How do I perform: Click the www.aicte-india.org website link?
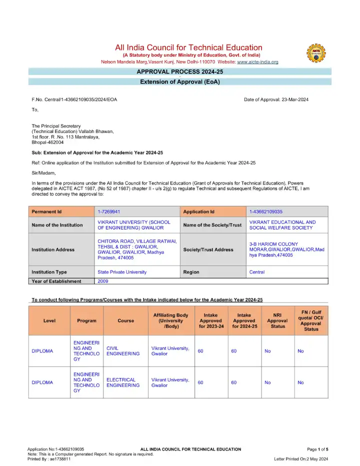pyautogui.click(x=257, y=62)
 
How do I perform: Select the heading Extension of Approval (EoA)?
pyautogui.click(x=179, y=82)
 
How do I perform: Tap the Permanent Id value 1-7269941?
pyautogui.click(x=108, y=212)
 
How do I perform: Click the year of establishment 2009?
pyautogui.click(x=103, y=281)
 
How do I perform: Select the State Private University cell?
pyautogui.click(x=122, y=272)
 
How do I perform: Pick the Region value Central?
pyautogui.click(x=256, y=272)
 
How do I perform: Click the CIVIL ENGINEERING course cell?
pyautogui.click(x=123, y=351)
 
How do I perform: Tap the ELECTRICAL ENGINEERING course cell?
pyautogui.click(x=123, y=382)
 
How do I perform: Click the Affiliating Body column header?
pyautogui.click(x=170, y=321)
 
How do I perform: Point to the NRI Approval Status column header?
pyautogui.click(x=277, y=321)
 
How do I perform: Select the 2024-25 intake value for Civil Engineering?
pyautogui.click(x=233, y=351)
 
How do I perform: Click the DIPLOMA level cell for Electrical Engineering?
pyautogui.click(x=42, y=382)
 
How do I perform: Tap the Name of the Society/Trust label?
pyautogui.click(x=212, y=225)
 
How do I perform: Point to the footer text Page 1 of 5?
pyautogui.click(x=317, y=449)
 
